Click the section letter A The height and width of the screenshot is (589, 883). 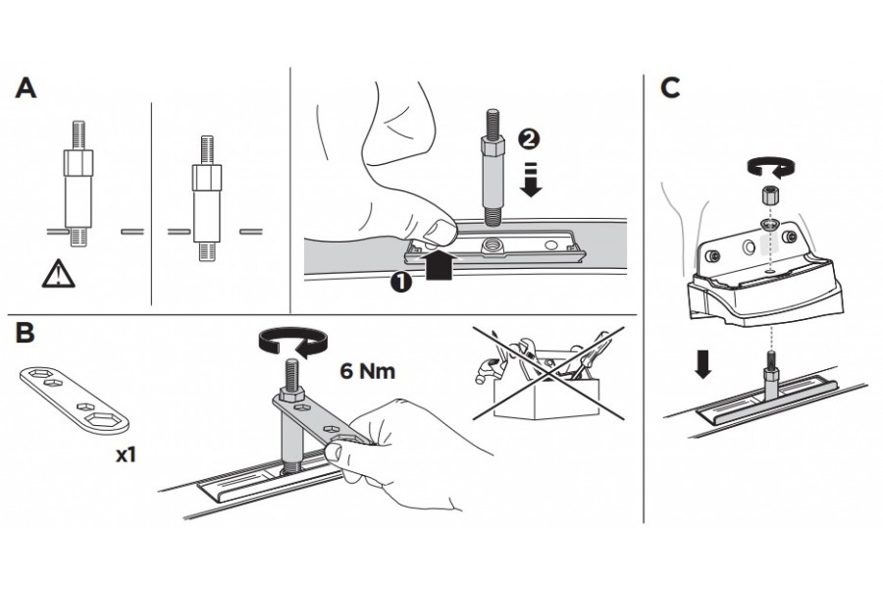[26, 88]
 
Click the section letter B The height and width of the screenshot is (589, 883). [26, 333]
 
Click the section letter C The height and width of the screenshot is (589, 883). [671, 88]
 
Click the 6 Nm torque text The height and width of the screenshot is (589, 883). [370, 372]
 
